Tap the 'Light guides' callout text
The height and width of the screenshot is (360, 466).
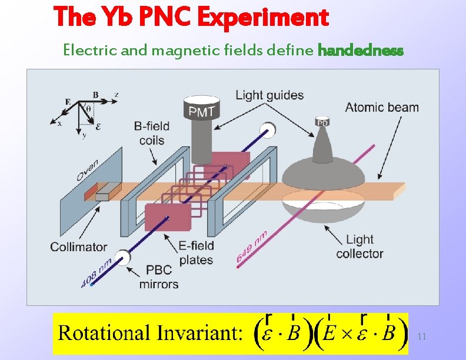[x=269, y=95]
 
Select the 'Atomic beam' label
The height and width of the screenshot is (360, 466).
[x=382, y=107]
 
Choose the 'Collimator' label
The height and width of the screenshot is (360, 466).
[x=79, y=247]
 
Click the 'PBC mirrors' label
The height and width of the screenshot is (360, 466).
[x=159, y=278]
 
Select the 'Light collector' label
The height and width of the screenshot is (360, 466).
[x=360, y=246]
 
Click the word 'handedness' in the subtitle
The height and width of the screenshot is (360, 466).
[x=360, y=51]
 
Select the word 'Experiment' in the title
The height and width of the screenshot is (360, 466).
[x=263, y=18]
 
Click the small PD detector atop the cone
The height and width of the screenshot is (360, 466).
[x=322, y=122]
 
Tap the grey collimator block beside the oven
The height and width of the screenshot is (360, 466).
[x=106, y=192]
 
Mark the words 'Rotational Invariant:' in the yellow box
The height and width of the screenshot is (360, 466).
[x=150, y=334]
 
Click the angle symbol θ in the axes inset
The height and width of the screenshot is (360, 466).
[x=89, y=109]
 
